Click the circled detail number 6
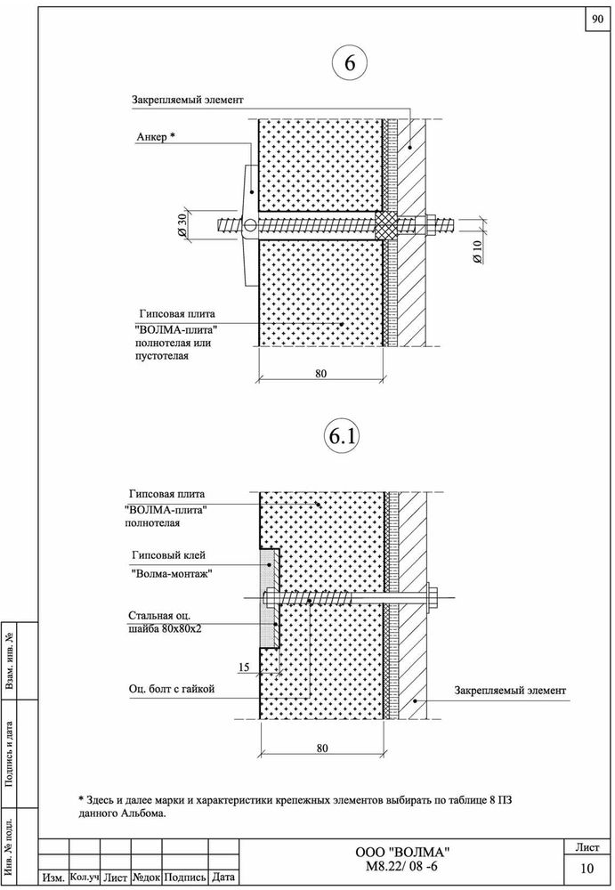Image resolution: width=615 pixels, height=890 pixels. tap(349, 62)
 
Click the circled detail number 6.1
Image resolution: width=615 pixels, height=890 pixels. tap(342, 436)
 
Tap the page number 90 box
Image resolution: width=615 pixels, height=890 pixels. tap(597, 19)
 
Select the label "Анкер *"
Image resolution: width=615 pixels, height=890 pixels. tap(155, 137)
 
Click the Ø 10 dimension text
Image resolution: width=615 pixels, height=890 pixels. tap(476, 252)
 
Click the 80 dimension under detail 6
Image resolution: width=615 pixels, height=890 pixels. tap(320, 374)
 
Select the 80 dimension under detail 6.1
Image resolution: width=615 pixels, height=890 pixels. tap(322, 748)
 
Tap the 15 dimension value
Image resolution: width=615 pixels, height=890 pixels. tap(244, 667)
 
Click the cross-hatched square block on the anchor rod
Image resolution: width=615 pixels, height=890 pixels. tap(386, 226)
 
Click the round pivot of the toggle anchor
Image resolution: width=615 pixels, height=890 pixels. tap(248, 227)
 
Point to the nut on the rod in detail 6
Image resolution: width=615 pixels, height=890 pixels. tap(429, 225)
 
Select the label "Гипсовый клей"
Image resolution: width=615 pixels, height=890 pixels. tap(168, 555)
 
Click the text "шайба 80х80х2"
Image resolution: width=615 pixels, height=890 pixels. tap(164, 628)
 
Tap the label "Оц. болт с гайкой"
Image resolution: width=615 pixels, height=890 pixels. tap(172, 689)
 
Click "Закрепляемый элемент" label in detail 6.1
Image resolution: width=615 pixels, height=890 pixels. tap(510, 691)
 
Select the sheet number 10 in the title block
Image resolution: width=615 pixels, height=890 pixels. tap(587, 869)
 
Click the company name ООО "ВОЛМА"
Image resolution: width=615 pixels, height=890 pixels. tap(402, 853)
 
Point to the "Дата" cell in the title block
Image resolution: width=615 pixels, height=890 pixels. tap(223, 877)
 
